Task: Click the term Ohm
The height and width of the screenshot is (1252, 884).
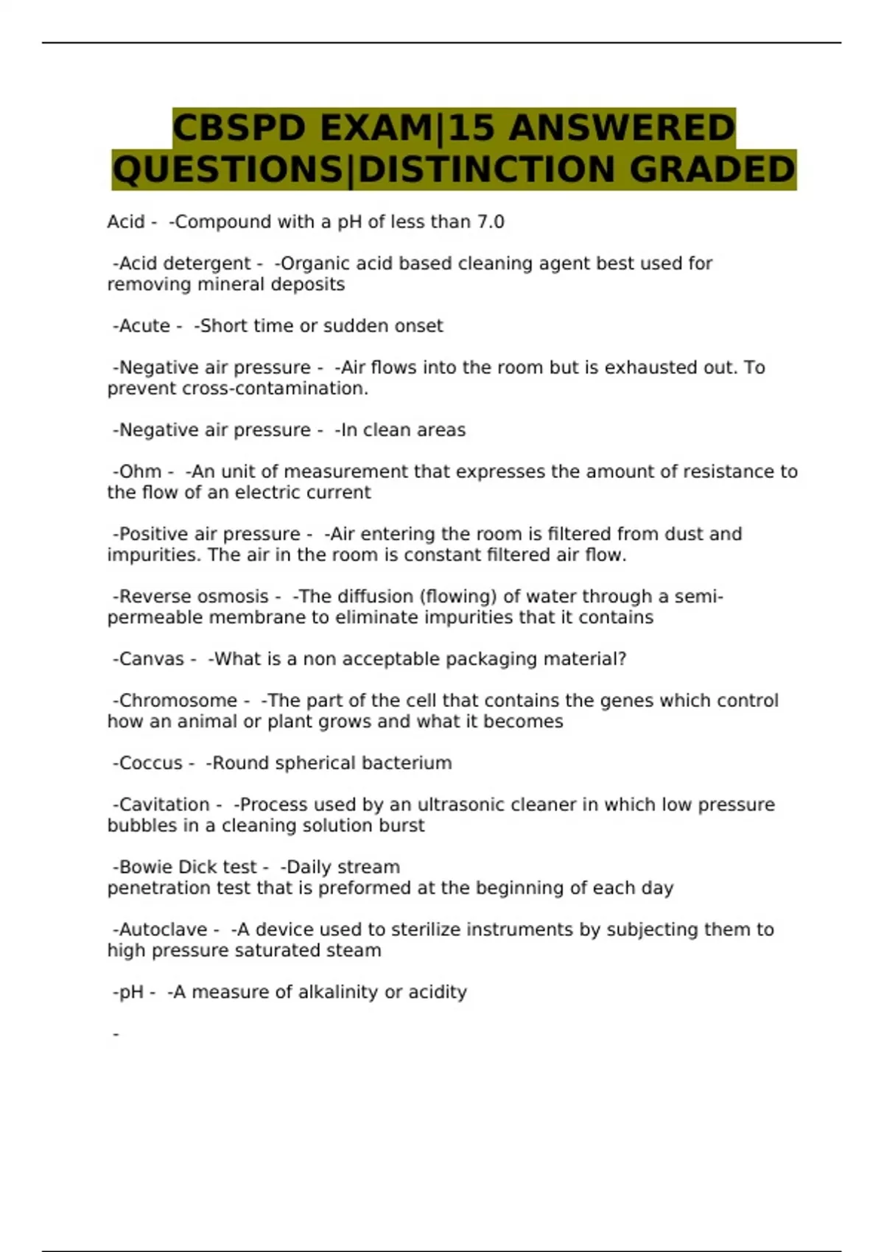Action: point(140,471)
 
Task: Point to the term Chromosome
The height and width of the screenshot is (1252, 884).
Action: point(178,700)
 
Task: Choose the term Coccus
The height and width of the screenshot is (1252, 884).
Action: point(150,763)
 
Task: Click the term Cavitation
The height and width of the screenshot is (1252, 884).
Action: point(164,804)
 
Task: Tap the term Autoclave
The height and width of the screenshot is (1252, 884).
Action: point(163,929)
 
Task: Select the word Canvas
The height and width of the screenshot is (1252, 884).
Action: point(152,659)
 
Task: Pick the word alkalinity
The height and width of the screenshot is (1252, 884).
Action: point(338,992)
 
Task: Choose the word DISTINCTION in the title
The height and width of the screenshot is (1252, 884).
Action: point(486,169)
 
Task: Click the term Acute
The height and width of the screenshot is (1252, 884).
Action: point(144,326)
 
